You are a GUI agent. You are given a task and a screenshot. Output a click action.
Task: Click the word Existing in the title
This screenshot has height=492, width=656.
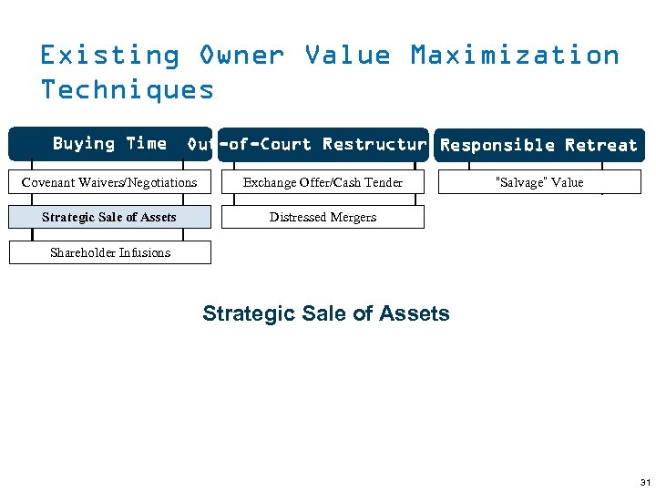[x=109, y=56]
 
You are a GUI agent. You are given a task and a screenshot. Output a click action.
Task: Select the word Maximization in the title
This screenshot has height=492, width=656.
[x=515, y=56]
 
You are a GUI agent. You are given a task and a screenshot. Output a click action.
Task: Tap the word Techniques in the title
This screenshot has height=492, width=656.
[x=127, y=89]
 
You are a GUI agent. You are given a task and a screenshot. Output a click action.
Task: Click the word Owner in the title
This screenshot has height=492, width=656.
[x=241, y=56]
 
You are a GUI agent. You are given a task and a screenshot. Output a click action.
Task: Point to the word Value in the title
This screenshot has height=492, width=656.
[x=347, y=56]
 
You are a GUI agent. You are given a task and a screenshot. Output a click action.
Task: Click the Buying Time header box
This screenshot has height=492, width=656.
[x=109, y=144]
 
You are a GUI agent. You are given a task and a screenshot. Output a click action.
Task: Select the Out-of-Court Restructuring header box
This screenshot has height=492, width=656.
[x=323, y=145]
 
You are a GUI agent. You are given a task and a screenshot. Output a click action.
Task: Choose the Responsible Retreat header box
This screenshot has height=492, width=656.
[x=538, y=145]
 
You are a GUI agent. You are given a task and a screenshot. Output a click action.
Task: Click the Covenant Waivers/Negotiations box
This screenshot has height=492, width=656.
[x=109, y=182]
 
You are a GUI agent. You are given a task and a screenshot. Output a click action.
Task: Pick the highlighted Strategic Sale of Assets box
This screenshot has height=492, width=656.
[x=109, y=217]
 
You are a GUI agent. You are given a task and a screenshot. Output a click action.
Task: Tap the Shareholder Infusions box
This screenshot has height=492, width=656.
[x=109, y=252]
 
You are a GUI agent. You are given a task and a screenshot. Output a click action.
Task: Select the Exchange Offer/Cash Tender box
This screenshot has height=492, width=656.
[x=323, y=182]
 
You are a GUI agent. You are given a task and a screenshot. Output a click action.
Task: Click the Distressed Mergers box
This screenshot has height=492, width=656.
[x=323, y=217]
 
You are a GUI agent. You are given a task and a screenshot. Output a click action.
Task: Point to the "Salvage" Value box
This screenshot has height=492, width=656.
[x=538, y=182]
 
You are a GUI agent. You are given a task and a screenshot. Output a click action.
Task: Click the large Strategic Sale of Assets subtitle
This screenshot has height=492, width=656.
[x=325, y=313]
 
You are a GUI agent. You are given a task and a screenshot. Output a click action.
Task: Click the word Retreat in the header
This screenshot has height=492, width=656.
[x=601, y=145]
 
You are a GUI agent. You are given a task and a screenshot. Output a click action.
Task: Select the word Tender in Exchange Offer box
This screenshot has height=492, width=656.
[x=384, y=182]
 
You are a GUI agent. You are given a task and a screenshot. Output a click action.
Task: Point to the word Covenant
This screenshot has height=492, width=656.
[x=49, y=182]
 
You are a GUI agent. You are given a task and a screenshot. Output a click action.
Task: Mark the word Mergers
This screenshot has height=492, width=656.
[x=353, y=217]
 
